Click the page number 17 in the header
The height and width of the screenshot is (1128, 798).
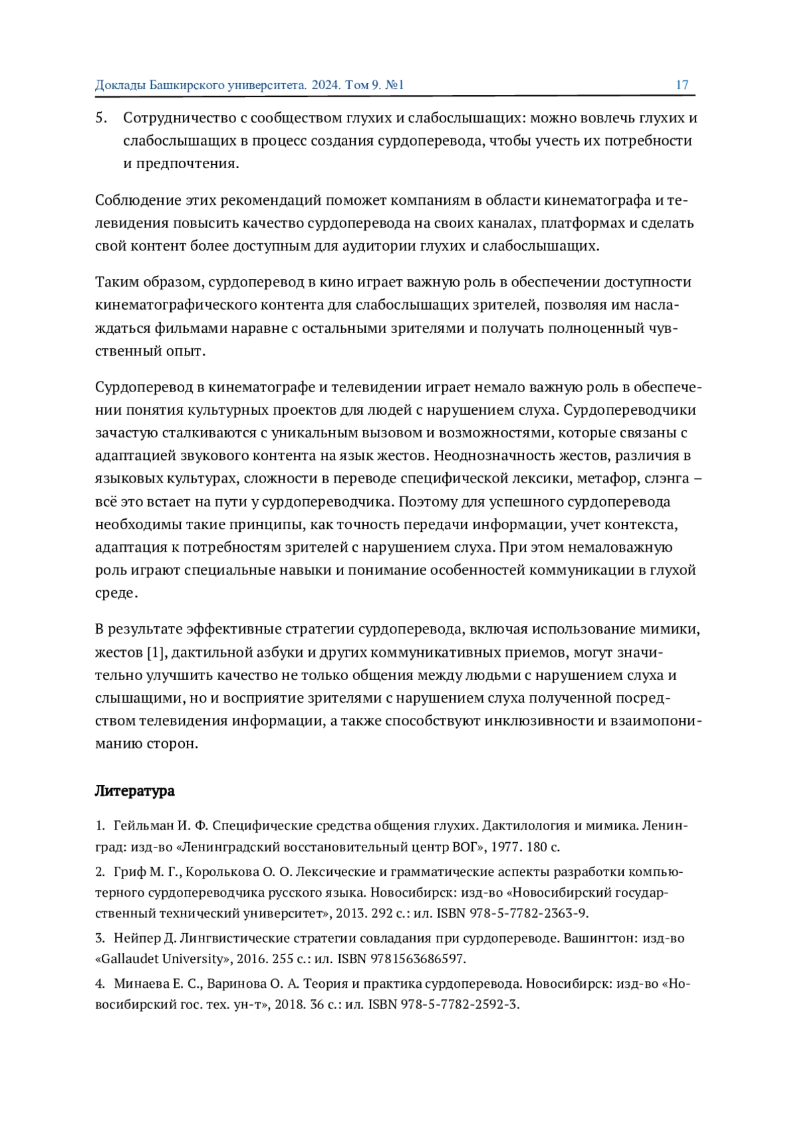tap(682, 85)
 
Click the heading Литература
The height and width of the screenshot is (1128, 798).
tap(134, 790)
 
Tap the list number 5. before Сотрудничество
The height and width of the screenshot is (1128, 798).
tap(101, 118)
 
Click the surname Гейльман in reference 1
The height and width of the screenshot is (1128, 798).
tap(143, 826)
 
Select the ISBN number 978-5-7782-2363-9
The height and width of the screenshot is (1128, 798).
tap(529, 913)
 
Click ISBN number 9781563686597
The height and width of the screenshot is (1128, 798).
tap(423, 959)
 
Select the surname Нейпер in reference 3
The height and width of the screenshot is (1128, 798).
tap(136, 938)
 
